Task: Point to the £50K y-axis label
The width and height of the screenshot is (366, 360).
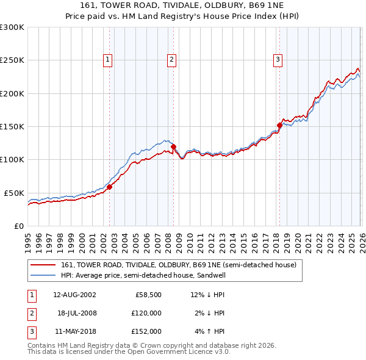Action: (14, 193)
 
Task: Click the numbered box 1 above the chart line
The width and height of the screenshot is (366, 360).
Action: (107, 60)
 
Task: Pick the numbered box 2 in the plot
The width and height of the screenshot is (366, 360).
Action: (172, 60)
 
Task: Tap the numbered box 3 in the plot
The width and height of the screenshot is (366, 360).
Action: (278, 60)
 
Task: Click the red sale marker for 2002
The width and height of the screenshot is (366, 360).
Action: (110, 187)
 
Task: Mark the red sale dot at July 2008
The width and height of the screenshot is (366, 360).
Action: (173, 146)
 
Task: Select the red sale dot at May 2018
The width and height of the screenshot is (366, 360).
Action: (279, 126)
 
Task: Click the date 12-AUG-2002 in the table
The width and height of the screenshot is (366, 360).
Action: (74, 295)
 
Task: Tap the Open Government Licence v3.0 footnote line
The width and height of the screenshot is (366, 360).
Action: (129, 351)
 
